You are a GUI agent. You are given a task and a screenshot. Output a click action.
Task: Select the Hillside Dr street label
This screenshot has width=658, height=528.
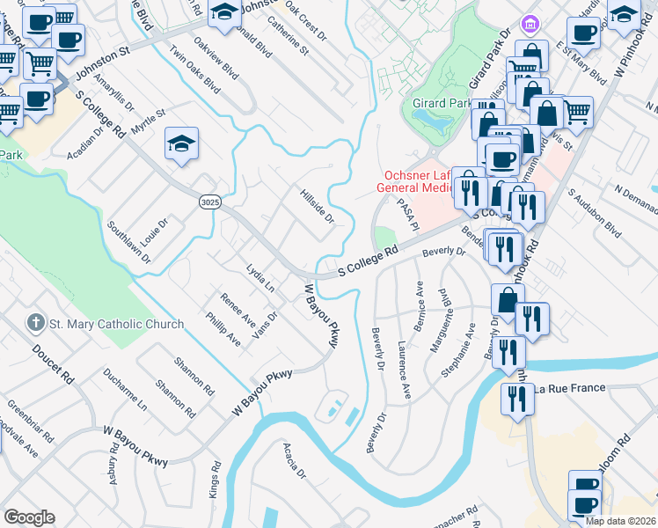(x=317, y=206)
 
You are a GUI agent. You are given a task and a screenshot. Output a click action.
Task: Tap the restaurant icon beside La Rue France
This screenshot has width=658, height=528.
(x=515, y=398)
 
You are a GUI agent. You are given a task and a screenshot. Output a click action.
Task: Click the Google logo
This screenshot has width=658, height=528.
(x=29, y=517)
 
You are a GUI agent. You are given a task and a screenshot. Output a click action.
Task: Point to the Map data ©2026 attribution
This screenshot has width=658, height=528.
(x=620, y=521)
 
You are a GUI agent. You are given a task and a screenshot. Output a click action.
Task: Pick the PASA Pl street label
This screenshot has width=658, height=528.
(x=406, y=214)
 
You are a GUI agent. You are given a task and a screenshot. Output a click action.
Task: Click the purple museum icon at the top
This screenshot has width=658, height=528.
(x=529, y=22)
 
